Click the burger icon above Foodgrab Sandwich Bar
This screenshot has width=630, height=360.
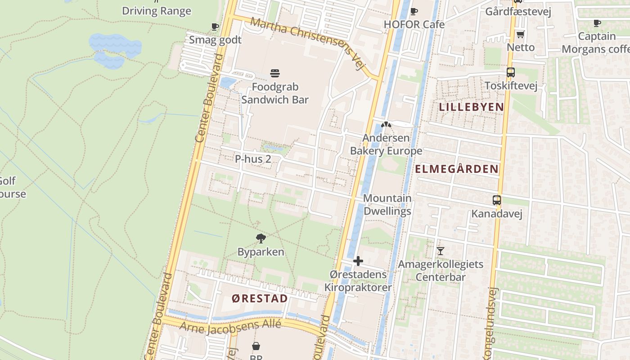[x=275, y=73]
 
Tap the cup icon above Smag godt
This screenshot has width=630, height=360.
[x=215, y=27]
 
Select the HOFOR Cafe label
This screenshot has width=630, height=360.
[x=414, y=24]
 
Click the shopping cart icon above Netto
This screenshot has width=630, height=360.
[x=520, y=34]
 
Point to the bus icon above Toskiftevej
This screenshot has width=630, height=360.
[x=510, y=72]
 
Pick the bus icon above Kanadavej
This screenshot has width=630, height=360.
[x=496, y=200]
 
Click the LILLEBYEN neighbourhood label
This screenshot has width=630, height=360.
[x=471, y=107]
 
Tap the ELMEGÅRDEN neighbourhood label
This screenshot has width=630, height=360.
[x=456, y=169]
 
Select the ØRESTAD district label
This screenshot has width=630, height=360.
[x=260, y=298]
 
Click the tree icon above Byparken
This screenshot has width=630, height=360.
[x=261, y=238]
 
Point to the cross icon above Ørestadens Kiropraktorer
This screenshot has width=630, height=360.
[x=358, y=261]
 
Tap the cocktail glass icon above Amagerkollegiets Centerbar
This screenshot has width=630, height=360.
[x=440, y=251]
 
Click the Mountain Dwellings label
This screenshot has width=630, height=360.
[x=387, y=204]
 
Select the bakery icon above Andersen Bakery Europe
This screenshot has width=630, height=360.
[x=386, y=125]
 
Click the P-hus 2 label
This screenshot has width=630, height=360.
[x=253, y=159]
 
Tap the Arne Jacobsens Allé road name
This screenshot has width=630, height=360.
[x=230, y=325]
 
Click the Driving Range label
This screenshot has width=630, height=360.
[x=157, y=11]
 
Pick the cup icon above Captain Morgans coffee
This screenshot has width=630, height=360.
[x=597, y=23]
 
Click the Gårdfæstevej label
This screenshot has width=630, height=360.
[x=518, y=11]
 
